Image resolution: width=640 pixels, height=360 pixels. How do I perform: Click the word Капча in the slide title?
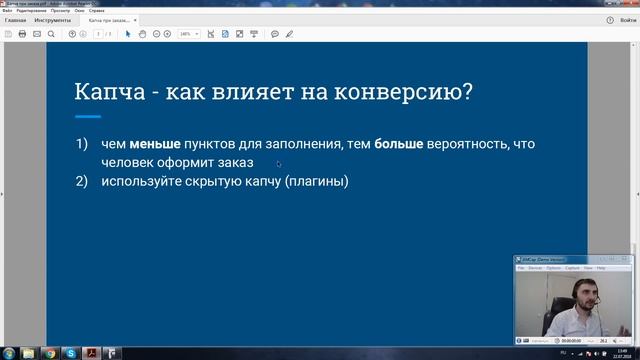105,92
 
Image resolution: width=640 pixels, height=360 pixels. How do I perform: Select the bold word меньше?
149,145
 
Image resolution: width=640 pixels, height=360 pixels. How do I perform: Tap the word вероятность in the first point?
467,145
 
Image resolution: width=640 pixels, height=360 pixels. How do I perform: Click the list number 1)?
82,145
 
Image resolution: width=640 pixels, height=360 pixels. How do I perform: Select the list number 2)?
82,181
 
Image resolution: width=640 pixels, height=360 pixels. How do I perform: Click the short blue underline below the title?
88,116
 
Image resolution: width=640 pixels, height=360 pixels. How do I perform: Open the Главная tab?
15,20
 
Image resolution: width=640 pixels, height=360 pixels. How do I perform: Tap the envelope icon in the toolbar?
37,34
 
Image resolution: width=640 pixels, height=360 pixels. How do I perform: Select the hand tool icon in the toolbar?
143,34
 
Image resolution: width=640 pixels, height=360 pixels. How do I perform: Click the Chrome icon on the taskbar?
51,353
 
